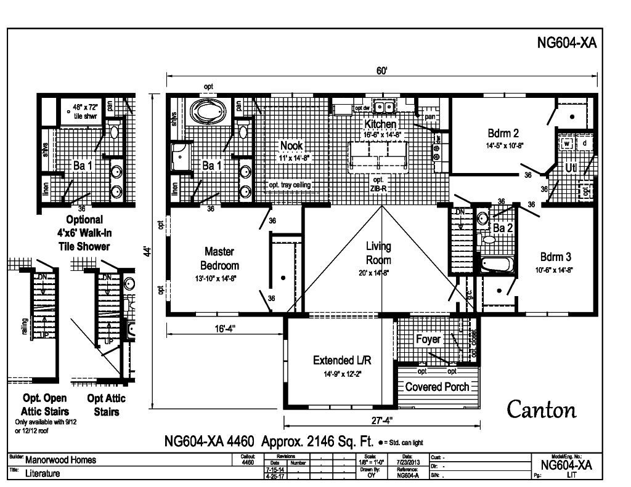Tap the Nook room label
pos(291,145)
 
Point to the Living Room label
pos(378,252)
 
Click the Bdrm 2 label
pos(503,134)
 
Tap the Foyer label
pos(428,339)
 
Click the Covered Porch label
pos(437,387)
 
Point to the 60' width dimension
pos(382,71)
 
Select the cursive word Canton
pos(542,409)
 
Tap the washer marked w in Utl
pos(566,143)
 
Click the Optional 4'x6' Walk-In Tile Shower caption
pos(85,233)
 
